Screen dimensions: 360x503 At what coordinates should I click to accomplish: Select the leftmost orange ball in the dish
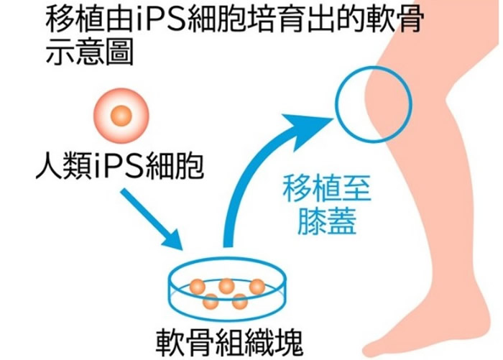[196, 287]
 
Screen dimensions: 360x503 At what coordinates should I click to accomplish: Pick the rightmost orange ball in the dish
[257, 286]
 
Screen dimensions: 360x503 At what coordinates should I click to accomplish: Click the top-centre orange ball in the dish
[226, 285]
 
